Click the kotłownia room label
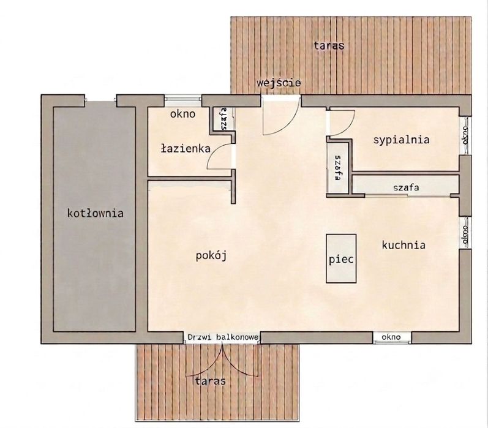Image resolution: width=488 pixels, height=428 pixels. pyautogui.click(x=96, y=213)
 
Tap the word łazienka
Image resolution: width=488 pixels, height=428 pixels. pyautogui.click(x=186, y=148)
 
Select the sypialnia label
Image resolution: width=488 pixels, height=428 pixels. pyautogui.click(x=401, y=140)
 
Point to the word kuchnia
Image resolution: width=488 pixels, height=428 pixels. pyautogui.click(x=404, y=245)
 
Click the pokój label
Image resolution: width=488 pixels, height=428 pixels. pyautogui.click(x=211, y=256)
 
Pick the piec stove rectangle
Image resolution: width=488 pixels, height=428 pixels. pyautogui.click(x=341, y=258)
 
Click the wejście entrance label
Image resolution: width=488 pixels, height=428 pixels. pyautogui.click(x=279, y=83)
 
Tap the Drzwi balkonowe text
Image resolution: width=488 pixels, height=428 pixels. pyautogui.click(x=223, y=337)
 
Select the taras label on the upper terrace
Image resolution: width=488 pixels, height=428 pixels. pyautogui.click(x=329, y=46)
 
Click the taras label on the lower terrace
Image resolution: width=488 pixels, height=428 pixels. pyautogui.click(x=211, y=381)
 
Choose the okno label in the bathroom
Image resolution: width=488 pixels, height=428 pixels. pyautogui.click(x=182, y=114)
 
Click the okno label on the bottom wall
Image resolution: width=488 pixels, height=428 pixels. pyautogui.click(x=391, y=337)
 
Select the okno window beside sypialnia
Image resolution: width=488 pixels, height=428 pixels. pyautogui.click(x=465, y=135)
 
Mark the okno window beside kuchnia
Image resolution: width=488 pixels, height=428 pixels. pyautogui.click(x=465, y=232)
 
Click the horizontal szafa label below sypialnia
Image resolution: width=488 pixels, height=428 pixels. pyautogui.click(x=406, y=188)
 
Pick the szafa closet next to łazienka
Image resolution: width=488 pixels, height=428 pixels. pyautogui.click(x=223, y=119)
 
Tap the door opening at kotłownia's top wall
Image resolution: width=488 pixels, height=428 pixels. pyautogui.click(x=100, y=100)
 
